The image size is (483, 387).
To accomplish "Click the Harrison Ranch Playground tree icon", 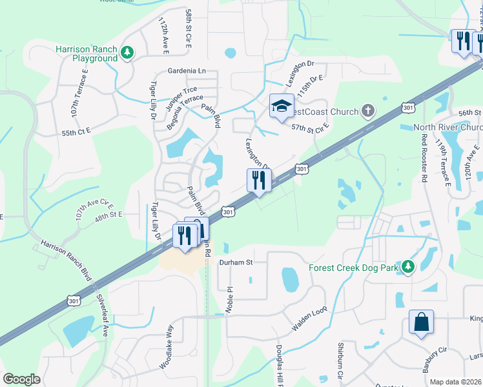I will [x=128, y=53].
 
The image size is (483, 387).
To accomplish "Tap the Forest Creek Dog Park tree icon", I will [x=407, y=266].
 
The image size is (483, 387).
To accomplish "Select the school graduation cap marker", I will [x=282, y=107].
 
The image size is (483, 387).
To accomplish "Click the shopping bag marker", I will [x=421, y=322].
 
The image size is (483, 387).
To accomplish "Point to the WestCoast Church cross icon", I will [x=368, y=112].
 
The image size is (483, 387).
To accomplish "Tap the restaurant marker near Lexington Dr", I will [x=259, y=181].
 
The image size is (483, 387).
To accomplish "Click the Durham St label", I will [x=235, y=263].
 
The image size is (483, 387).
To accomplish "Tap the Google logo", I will [x=21, y=379].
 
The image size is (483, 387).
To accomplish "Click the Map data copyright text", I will [x=456, y=382].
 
